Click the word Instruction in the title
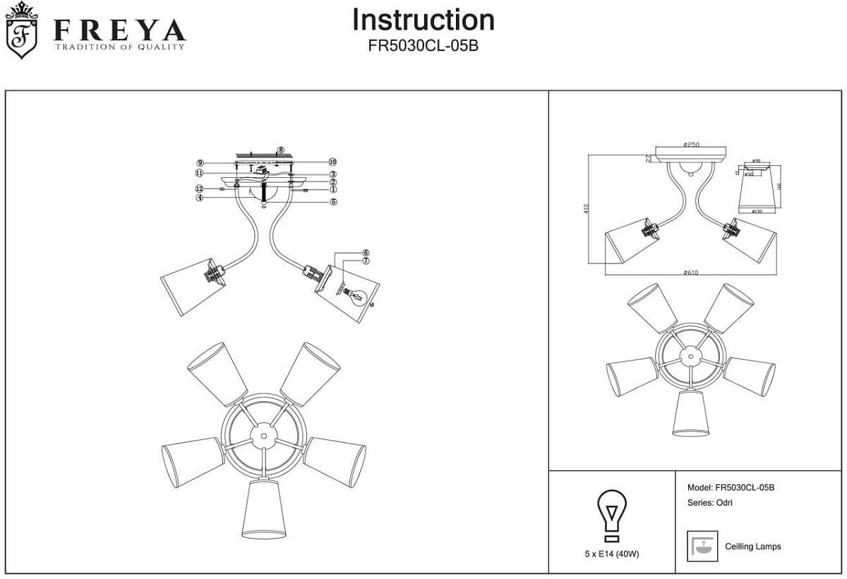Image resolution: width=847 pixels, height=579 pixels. pos(423,20)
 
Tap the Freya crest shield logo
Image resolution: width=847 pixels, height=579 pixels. pos(22,32)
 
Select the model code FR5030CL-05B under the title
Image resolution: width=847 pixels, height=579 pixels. pos(423,45)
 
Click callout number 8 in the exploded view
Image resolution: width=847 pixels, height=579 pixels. pos(281,150)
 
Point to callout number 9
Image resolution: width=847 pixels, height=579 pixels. pos(200,162)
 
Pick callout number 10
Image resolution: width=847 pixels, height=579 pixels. pos(332,162)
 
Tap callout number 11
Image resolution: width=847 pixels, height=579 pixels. pos(200,173)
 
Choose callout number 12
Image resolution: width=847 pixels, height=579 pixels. pos(200,189)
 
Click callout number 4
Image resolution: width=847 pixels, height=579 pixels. pos(200,198)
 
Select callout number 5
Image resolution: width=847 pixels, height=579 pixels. pos(332,202)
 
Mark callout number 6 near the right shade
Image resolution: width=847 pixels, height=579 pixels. pos(366,253)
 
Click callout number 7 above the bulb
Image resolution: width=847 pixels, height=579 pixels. pos(366,261)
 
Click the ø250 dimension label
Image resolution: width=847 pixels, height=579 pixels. pos(691,145)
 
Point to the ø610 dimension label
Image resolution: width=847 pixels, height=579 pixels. pos(691,272)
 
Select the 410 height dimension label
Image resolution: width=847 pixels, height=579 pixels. pos(587,210)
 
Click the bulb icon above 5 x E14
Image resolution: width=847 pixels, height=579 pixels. pos(612,514)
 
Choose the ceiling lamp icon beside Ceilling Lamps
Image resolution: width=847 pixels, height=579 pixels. pos(702,546)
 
